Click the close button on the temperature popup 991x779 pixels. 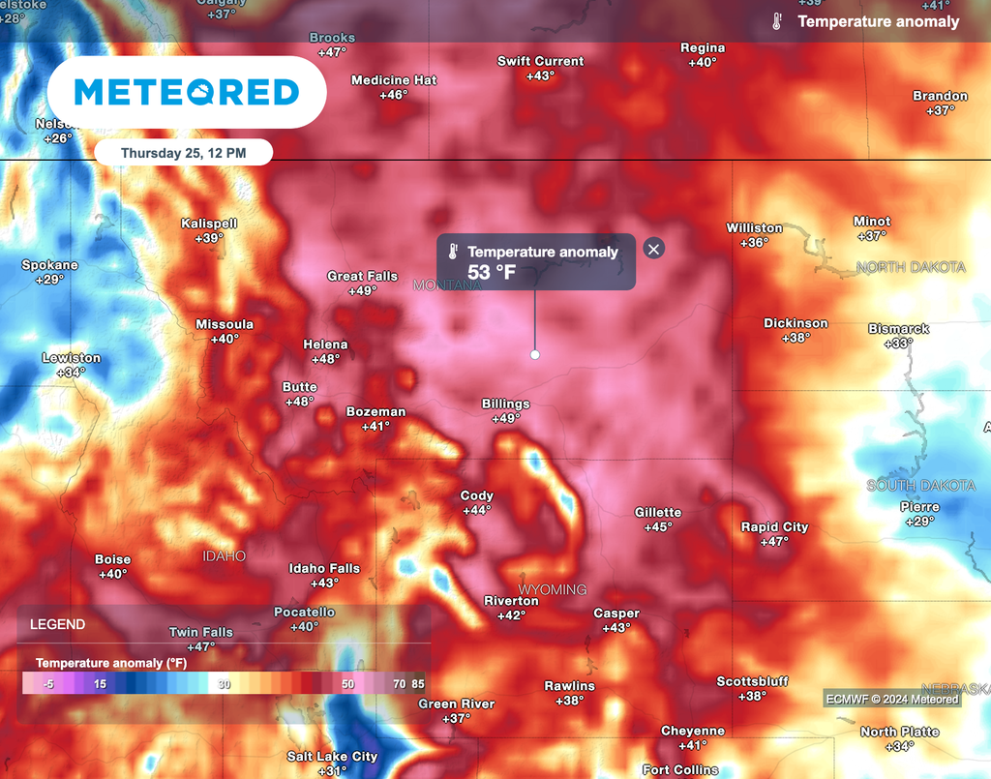654,249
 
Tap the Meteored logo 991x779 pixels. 187,92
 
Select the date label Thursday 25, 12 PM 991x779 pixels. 183,153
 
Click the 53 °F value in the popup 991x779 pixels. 492,273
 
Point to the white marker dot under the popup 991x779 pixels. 535,355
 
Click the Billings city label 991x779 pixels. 506,404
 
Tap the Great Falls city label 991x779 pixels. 362,276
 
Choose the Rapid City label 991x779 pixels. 774,526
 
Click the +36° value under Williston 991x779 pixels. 754,242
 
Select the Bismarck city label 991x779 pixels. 898,329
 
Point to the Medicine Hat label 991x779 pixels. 394,80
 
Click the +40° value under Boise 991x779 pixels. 113,574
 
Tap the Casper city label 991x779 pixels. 616,614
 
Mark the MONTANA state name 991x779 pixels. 447,285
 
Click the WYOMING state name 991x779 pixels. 553,589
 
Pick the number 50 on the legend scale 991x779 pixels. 348,683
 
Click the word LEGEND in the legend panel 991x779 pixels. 58,625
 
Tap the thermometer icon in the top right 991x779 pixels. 776,21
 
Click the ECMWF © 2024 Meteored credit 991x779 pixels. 891,699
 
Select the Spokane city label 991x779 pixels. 50,265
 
